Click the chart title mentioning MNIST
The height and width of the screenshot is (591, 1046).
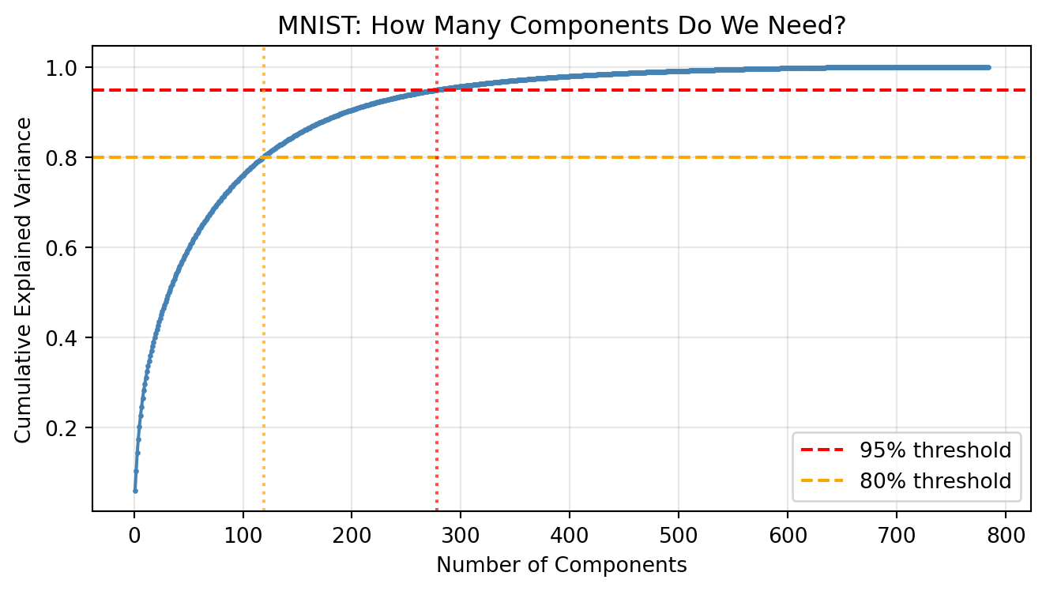(x=562, y=25)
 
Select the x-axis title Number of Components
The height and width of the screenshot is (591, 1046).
(x=562, y=566)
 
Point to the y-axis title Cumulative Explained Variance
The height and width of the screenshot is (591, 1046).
(x=24, y=280)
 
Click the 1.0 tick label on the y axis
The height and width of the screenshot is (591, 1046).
(x=69, y=68)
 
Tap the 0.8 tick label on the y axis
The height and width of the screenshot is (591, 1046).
(x=69, y=158)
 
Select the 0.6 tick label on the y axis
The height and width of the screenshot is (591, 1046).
(x=69, y=248)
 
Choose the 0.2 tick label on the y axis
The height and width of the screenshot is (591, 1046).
(x=69, y=428)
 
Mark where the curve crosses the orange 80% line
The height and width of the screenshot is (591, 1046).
(x=263, y=157)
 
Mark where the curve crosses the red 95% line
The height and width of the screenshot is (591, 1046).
(x=437, y=90)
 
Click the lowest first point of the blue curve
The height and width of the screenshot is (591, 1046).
(x=135, y=491)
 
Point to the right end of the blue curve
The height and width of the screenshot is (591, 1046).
(x=988, y=67)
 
